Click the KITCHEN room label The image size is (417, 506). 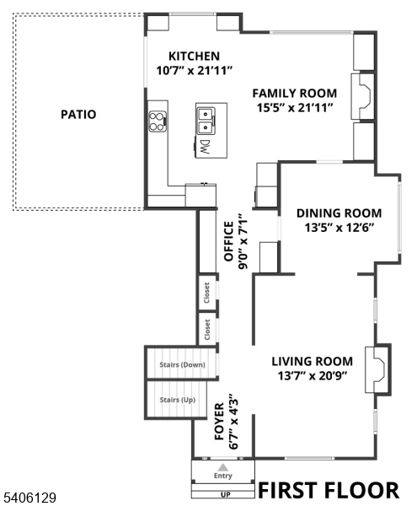[x=194, y=56]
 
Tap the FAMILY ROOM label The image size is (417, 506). [x=295, y=93]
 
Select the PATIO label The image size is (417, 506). [x=78, y=114]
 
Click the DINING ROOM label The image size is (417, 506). [x=339, y=213]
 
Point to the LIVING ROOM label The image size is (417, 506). [x=312, y=361]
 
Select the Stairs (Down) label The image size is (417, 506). [x=182, y=365]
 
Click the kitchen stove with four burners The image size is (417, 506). [x=158, y=122]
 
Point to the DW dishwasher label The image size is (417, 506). [x=204, y=147]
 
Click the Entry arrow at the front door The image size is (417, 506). [x=222, y=467]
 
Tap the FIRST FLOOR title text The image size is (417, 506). [x=328, y=490]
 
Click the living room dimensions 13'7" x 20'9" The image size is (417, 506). [x=312, y=375]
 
